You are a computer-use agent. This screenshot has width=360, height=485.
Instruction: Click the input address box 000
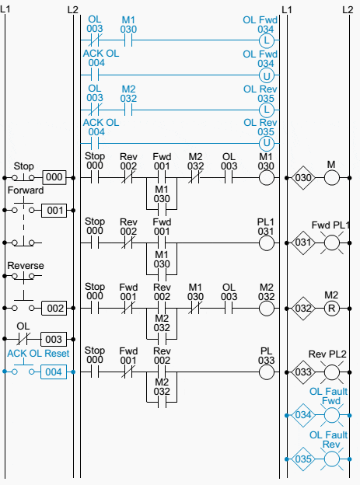[x=53, y=177]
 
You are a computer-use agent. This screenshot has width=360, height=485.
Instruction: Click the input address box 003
[x=53, y=340]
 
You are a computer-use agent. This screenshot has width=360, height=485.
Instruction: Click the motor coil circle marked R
[x=334, y=308]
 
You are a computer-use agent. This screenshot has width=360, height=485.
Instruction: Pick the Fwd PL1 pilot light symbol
[x=334, y=243]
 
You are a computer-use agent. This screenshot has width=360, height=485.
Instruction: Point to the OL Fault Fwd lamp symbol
[x=334, y=416]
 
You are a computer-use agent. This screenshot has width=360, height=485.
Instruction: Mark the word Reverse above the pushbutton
[x=26, y=266]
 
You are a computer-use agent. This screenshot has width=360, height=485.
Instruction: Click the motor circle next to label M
[x=334, y=179]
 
